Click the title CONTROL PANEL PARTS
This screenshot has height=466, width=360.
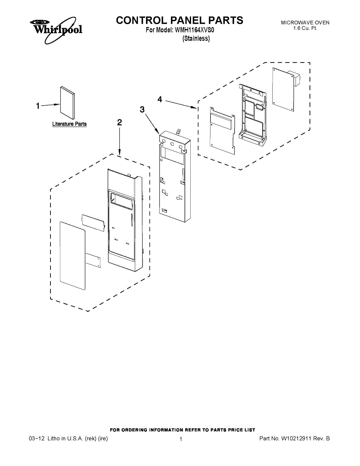point(179,20)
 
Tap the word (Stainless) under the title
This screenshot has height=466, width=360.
point(196,38)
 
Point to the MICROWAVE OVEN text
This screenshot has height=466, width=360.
point(305,23)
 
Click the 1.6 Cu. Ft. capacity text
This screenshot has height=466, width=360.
point(305,28)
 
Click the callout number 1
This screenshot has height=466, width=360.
point(38,106)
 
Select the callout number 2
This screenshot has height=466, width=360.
point(120,123)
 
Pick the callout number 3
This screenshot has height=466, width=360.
point(142,110)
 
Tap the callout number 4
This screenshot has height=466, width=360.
point(160,99)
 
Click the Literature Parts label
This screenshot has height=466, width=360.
point(70,124)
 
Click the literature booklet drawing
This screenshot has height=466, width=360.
point(67,103)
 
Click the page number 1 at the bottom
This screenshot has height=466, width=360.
point(181,439)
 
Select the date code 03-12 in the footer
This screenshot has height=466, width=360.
point(37,439)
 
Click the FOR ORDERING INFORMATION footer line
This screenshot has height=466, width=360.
point(183,430)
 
